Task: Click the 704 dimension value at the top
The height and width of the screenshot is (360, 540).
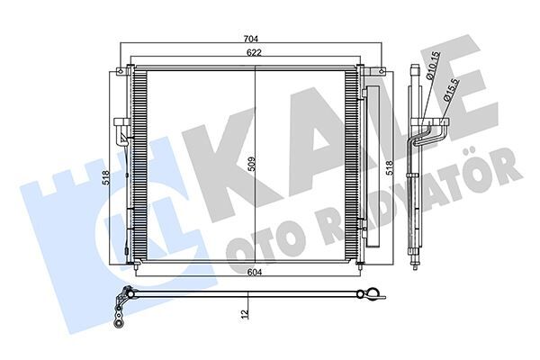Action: click(x=252, y=39)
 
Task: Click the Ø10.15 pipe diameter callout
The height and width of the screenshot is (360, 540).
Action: click(x=436, y=67)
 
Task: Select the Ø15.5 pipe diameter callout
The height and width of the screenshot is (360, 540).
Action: click(x=449, y=94)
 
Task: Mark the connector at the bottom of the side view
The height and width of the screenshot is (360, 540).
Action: click(x=416, y=263)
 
